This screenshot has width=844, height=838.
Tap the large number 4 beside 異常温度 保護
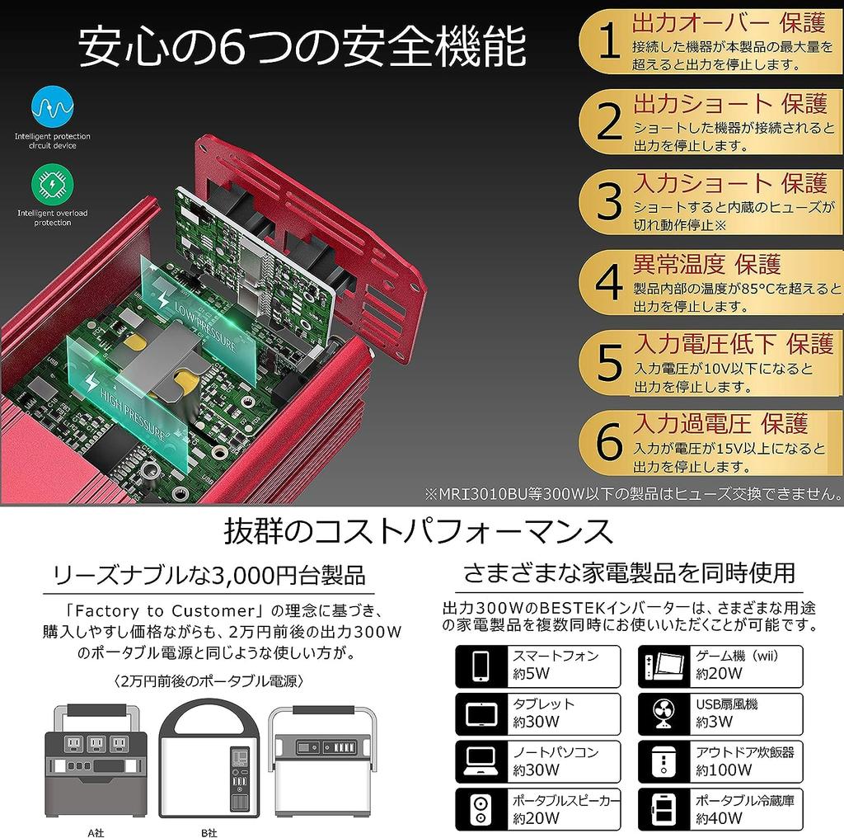[x=608, y=284]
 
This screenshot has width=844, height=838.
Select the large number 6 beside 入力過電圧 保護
[x=608, y=444]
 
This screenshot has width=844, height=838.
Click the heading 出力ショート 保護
[x=729, y=104]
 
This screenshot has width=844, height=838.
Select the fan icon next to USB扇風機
[x=665, y=714]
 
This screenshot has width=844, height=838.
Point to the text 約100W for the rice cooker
[x=724, y=770]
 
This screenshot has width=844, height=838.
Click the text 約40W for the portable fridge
[x=719, y=818]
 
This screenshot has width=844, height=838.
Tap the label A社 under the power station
[x=97, y=831]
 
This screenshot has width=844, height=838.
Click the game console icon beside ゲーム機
[x=665, y=666]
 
